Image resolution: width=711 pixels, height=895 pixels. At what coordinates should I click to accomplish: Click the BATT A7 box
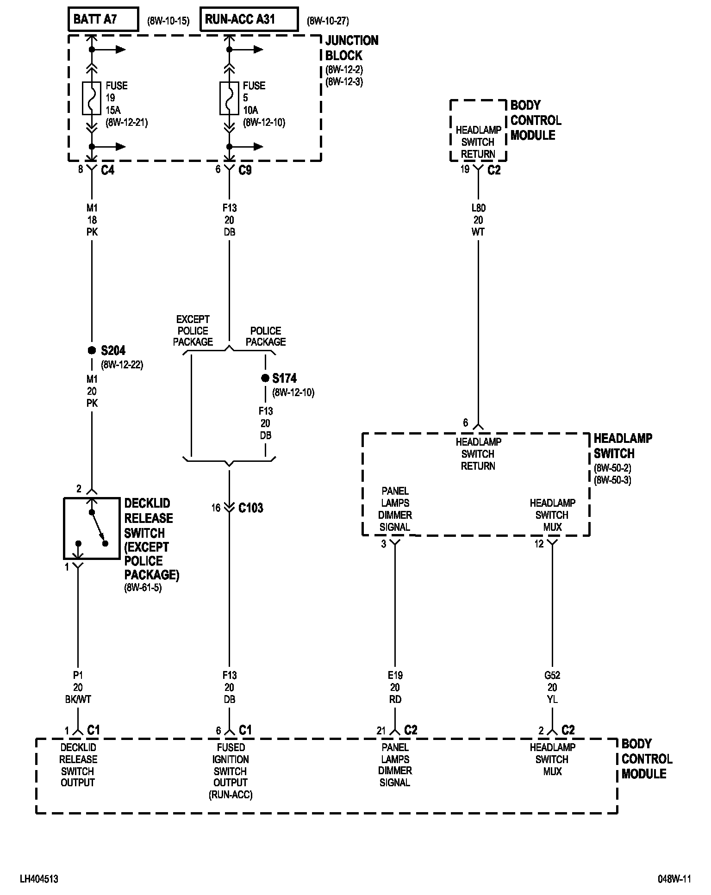click(x=103, y=19)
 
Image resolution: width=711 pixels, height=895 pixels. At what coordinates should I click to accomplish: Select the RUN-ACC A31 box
click(x=249, y=19)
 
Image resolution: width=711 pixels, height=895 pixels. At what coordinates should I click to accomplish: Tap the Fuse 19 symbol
click(x=92, y=98)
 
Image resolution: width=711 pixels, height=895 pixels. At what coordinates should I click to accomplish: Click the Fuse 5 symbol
click(x=229, y=98)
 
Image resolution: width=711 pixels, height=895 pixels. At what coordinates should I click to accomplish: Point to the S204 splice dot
click(x=92, y=350)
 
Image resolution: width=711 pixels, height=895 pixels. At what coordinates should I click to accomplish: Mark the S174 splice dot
click(x=265, y=378)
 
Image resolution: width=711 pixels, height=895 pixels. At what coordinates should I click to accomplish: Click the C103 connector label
click(x=251, y=508)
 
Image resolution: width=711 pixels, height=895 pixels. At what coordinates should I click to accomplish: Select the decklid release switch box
click(x=92, y=528)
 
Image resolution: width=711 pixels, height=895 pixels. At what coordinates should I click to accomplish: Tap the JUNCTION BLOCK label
click(x=351, y=48)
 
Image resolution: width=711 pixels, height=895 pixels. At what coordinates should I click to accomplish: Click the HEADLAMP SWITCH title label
click(x=623, y=446)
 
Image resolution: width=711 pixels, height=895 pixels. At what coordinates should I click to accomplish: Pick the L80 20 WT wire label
click(x=478, y=220)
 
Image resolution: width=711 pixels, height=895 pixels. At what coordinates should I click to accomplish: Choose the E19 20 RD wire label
click(x=395, y=687)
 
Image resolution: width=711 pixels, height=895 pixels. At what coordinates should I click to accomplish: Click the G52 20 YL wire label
click(x=552, y=687)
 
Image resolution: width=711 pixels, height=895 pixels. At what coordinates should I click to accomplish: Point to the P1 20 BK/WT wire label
click(x=78, y=687)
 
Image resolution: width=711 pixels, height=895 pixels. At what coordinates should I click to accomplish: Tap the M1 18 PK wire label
click(x=92, y=220)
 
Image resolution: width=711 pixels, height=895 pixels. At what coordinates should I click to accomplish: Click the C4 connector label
click(x=107, y=170)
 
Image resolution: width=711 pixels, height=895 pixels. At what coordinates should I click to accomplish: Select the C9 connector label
click(x=245, y=170)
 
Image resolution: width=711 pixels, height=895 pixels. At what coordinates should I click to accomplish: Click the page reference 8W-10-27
click(x=328, y=21)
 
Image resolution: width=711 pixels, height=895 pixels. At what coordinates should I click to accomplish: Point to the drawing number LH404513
click(x=39, y=879)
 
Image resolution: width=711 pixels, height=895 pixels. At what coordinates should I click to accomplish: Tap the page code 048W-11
click(x=674, y=879)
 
